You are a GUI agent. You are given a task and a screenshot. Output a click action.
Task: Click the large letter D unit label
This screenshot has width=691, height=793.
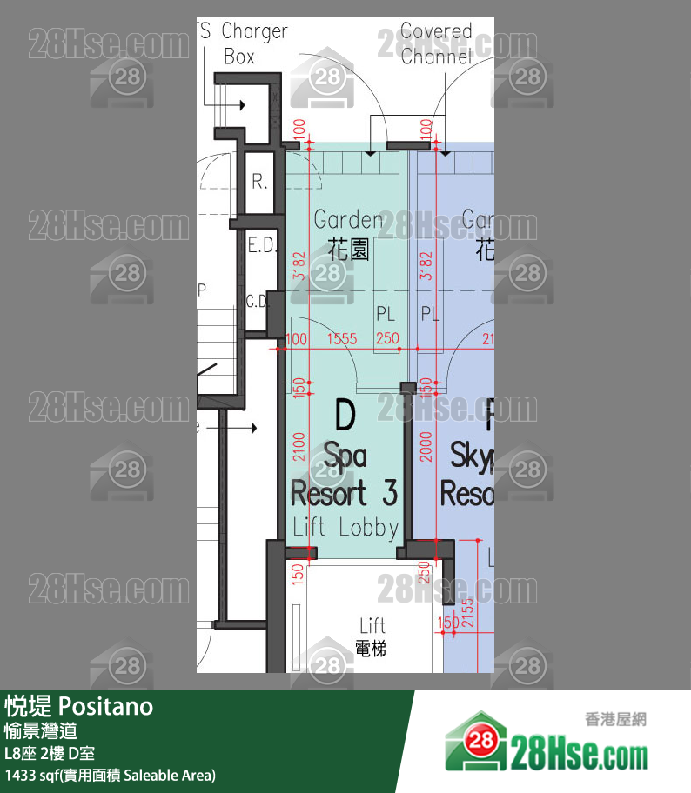345,416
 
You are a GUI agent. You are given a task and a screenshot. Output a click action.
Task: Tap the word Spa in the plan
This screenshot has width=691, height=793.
345,455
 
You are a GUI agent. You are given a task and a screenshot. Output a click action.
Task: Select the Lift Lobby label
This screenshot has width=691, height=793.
345,527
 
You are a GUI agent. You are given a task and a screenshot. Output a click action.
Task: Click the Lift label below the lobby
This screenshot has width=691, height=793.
372,625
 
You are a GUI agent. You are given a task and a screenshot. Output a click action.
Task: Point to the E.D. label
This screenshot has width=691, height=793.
262,246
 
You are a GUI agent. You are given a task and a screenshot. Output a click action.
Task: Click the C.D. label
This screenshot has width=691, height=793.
258,302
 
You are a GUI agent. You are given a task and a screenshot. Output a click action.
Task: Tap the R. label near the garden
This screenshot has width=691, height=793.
259,183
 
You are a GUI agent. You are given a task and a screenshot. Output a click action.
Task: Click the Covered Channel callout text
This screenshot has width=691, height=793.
436,44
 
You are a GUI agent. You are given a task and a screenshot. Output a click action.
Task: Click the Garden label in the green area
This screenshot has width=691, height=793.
348,220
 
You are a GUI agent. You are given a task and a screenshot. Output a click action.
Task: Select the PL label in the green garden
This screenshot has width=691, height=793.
386,314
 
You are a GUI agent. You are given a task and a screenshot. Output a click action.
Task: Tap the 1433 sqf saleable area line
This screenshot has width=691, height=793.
110,775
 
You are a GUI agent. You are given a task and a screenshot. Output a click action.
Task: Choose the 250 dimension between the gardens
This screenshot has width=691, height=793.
386,339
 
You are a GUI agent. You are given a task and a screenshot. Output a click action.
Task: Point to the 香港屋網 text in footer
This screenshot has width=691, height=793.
615,720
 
